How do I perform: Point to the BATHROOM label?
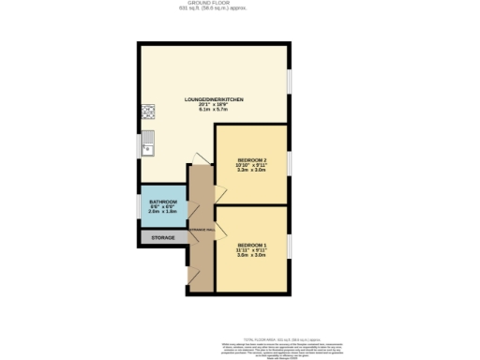[x=162, y=201]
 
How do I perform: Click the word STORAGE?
[x=162, y=238]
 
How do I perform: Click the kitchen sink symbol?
[x=147, y=144]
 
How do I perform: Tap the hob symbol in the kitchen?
[x=147, y=113]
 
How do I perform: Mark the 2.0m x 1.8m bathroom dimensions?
[x=162, y=212]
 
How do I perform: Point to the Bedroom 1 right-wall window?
[x=290, y=245]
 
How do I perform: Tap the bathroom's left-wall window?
[x=139, y=207]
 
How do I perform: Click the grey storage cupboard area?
[x=162, y=238]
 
